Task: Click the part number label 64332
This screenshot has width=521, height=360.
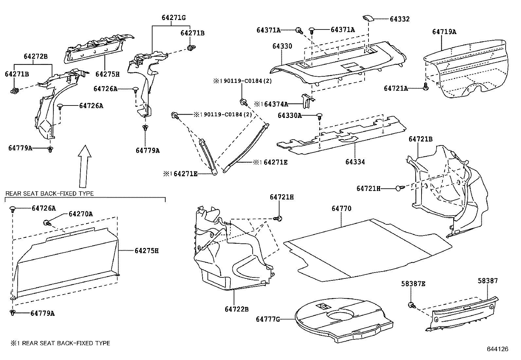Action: [399, 19]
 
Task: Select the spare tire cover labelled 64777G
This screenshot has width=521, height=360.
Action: [344, 323]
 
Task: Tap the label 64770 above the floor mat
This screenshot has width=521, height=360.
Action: [341, 209]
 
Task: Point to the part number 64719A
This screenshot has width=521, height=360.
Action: [444, 32]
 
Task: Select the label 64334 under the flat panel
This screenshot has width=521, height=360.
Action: [355, 162]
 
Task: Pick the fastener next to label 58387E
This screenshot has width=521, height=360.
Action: [412, 305]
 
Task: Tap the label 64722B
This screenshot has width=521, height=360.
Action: [237, 309]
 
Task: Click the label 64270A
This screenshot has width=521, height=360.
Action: [81, 214]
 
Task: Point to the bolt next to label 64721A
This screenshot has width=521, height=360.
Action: [425, 87]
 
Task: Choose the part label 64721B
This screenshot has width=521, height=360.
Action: [420, 139]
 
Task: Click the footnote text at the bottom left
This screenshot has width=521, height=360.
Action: [61, 343]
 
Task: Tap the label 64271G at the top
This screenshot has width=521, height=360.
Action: [173, 18]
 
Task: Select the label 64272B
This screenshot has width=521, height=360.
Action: [35, 56]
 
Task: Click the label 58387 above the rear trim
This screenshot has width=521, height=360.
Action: [487, 281]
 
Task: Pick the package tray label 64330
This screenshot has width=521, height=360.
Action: [282, 46]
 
